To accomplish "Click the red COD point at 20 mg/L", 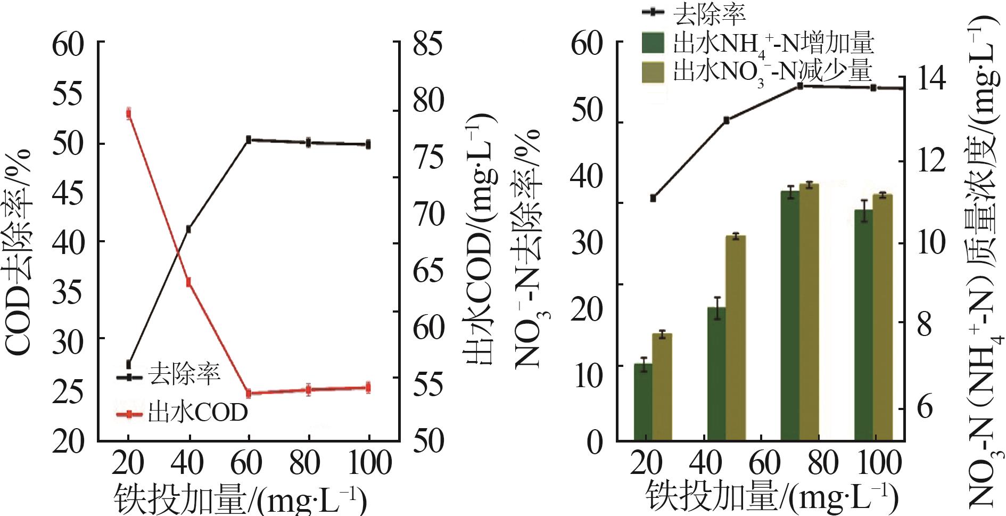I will (129, 113).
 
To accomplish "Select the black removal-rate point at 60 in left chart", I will (248, 140).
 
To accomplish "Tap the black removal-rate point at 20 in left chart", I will (128, 364).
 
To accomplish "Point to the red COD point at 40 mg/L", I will (188, 282).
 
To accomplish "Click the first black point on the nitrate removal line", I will (653, 198).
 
